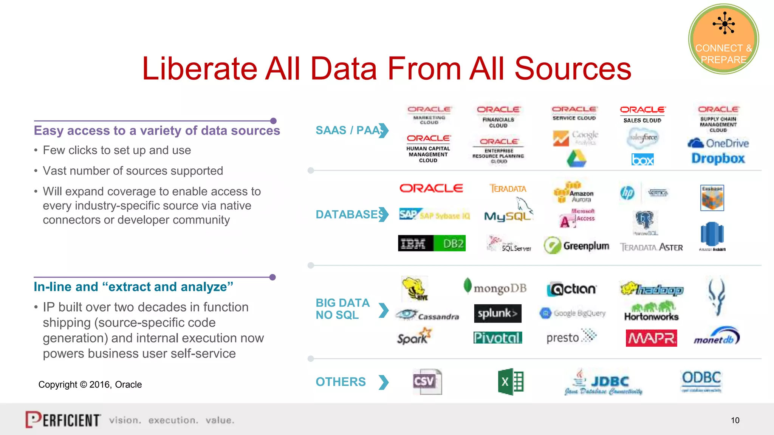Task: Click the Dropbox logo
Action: (718, 159)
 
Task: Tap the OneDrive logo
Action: (718, 143)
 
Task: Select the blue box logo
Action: (642, 160)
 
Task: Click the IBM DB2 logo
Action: (432, 244)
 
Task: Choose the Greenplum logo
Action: (576, 246)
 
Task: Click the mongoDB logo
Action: (495, 288)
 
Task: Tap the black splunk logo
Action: (497, 313)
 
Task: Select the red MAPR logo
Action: (651, 338)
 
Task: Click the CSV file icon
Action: (427, 381)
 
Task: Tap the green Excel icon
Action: (511, 382)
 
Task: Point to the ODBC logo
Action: (701, 379)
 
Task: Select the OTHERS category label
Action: (341, 382)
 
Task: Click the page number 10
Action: (735, 420)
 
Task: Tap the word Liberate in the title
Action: (199, 69)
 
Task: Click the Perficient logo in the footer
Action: (63, 420)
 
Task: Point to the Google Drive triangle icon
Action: (576, 159)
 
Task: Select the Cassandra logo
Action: (427, 315)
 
